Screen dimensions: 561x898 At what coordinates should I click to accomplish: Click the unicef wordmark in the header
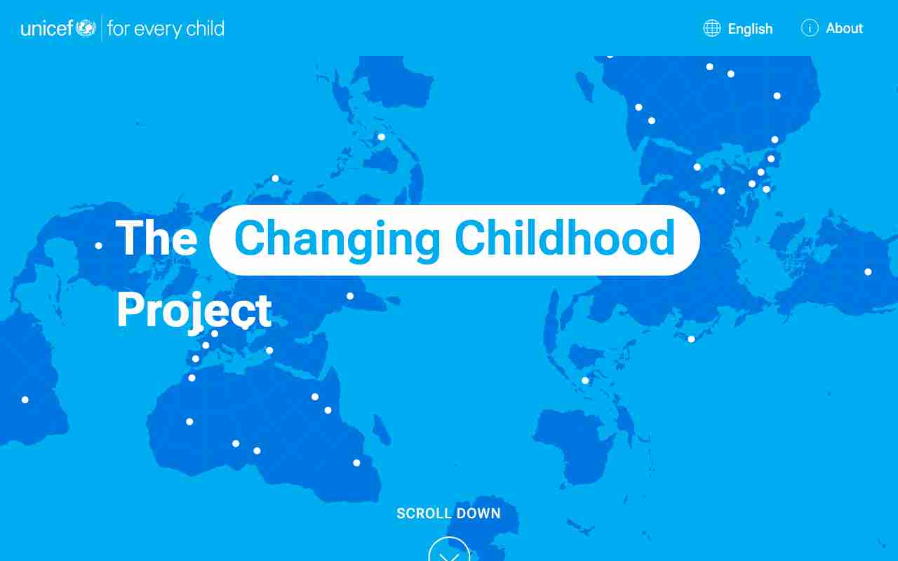pyautogui.click(x=47, y=28)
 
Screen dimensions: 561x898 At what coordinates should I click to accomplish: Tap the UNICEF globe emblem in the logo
pyautogui.click(x=86, y=28)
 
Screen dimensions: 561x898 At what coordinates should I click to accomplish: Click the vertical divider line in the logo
pyautogui.click(x=102, y=28)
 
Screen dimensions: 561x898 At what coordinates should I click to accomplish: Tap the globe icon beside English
pyautogui.click(x=712, y=28)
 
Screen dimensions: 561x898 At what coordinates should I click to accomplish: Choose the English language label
pyautogui.click(x=750, y=29)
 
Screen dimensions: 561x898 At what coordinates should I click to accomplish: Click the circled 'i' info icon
pyautogui.click(x=810, y=28)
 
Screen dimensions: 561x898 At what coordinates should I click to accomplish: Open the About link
pyautogui.click(x=844, y=28)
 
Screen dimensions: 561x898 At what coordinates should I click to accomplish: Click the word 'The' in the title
pyautogui.click(x=156, y=238)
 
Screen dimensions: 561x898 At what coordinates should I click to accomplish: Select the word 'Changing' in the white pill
pyautogui.click(x=337, y=239)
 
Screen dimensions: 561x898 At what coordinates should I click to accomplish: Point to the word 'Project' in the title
pyautogui.click(x=194, y=311)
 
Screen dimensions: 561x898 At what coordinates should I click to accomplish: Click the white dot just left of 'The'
pyautogui.click(x=99, y=245)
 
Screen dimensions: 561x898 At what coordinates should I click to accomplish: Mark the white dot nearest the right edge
pyautogui.click(x=868, y=272)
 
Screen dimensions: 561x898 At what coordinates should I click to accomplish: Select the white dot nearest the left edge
pyautogui.click(x=25, y=400)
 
